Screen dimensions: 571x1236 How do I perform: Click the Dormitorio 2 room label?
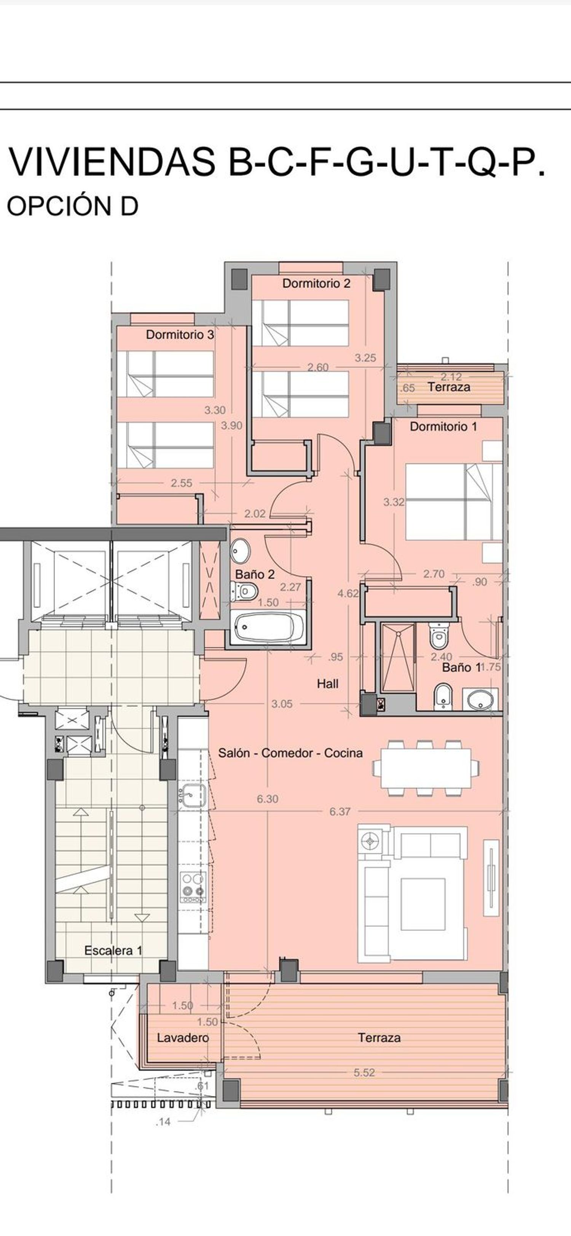coord(316,284)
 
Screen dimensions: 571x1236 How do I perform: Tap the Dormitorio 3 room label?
coord(180,335)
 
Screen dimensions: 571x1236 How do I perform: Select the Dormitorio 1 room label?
coord(443,427)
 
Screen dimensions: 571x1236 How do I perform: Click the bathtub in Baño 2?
coord(268,627)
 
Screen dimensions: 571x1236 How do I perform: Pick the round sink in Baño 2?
coord(240,551)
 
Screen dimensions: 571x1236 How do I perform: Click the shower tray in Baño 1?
coord(398,657)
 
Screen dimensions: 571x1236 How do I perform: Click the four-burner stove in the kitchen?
coord(193,887)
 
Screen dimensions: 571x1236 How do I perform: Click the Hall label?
coord(327,684)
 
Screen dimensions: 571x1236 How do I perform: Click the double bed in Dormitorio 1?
coord(454,502)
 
